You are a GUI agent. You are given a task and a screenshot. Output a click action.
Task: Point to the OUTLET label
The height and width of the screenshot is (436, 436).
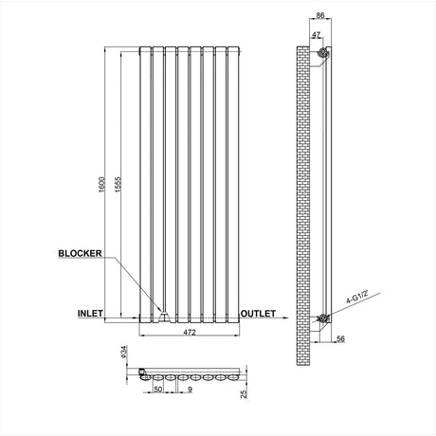tap(258, 312)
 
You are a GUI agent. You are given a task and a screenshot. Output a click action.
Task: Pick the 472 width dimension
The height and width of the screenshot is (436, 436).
tap(188, 333)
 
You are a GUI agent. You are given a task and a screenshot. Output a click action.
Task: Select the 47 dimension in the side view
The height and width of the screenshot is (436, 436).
tap(313, 35)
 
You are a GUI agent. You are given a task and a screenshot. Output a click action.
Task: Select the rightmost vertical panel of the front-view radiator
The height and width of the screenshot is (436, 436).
tap(227, 180)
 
